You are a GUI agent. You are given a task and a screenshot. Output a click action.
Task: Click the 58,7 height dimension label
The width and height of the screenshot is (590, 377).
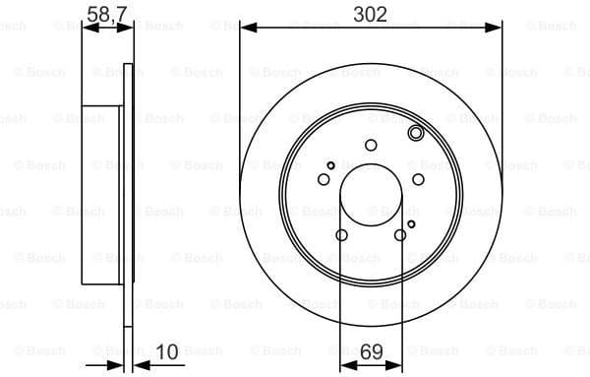point(105,13)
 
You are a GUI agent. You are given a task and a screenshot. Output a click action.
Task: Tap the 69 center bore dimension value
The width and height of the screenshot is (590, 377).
point(372,350)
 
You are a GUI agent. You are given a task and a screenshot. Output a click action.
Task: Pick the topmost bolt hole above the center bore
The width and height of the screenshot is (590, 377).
point(371,146)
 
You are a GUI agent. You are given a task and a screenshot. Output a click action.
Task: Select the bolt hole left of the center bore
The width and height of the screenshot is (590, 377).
point(324,179)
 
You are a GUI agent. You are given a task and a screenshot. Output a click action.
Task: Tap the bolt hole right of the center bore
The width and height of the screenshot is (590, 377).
point(418,179)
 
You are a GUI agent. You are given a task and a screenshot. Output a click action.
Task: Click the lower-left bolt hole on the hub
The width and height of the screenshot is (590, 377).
point(341,234)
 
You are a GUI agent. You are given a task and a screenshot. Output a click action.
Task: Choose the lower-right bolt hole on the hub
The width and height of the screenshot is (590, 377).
point(400,234)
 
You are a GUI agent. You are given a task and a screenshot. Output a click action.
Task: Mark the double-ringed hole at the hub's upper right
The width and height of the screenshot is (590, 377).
point(415,133)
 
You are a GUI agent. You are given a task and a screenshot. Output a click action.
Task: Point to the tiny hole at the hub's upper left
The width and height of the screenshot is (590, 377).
point(331,164)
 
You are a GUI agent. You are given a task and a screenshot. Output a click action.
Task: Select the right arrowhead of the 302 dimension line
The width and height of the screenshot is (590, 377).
point(497,29)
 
